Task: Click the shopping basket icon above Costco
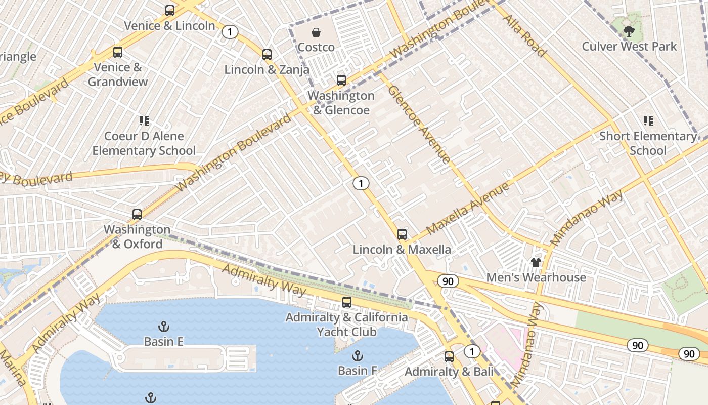pos(316,33)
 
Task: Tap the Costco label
pos(316,47)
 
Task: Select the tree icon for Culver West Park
pos(629,32)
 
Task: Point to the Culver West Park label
pos(629,46)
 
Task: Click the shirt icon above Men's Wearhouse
pos(536,263)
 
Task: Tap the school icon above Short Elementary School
pos(648,121)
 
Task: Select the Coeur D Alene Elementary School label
pos(144,143)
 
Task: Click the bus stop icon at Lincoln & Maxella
pos(402,234)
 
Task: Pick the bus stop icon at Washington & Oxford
pos(137,215)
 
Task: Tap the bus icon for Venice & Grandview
pos(118,52)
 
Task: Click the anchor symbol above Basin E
pos(163,327)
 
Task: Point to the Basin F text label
pos(358,371)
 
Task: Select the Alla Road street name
pos(525,35)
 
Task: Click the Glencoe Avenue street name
pos(419,124)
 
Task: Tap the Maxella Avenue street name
pos(467,209)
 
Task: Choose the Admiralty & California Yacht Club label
pos(347,325)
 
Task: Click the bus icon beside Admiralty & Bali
pos(449,357)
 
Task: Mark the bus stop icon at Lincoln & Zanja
pos(267,55)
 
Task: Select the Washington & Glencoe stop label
pos(341,103)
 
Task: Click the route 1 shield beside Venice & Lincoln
pos(230,32)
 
